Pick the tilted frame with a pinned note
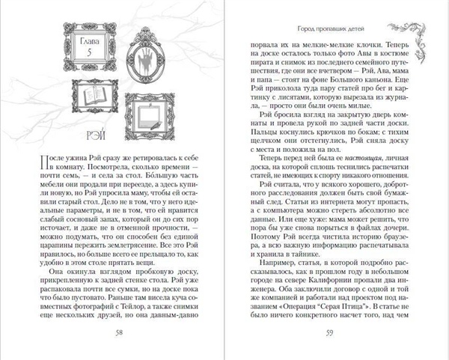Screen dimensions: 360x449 click(x=147, y=114)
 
